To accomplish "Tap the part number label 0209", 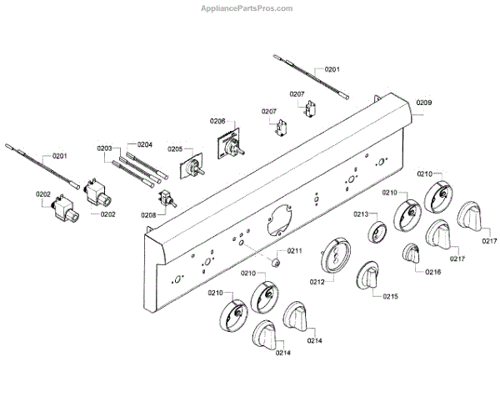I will click(x=424, y=102).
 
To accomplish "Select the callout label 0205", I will click(x=174, y=149).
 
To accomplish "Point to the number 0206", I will click(x=217, y=121).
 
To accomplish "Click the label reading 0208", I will click(x=148, y=215).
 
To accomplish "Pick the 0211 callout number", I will click(x=295, y=250).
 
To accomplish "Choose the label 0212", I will click(x=317, y=282).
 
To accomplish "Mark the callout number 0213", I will click(x=360, y=214).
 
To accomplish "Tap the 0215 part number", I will click(x=391, y=296).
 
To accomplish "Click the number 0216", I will click(x=432, y=272).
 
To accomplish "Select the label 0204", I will click(x=145, y=143).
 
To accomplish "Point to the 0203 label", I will click(x=104, y=149).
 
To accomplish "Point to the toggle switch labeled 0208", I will click(x=167, y=200).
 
